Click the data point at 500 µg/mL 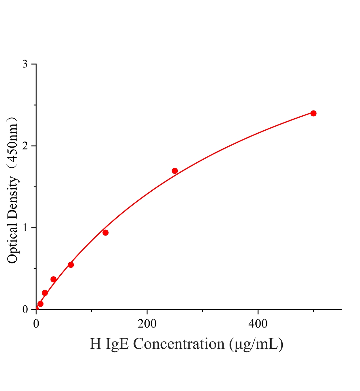313,113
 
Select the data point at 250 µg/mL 175,171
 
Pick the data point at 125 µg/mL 105,233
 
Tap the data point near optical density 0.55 71,265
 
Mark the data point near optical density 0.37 53,279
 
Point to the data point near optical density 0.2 45,293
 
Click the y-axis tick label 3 25,64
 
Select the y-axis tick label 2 25,146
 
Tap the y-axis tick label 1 25,228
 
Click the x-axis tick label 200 147,324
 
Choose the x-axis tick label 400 258,324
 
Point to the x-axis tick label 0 36,324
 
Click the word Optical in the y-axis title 12,241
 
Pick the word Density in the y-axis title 12,196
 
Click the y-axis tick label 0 25,310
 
